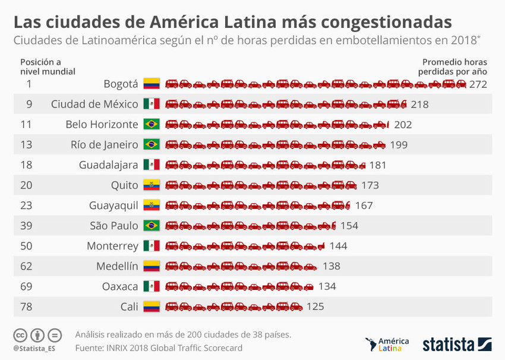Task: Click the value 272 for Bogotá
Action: pyautogui.click(x=478, y=84)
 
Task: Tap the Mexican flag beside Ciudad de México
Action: pyautogui.click(x=151, y=105)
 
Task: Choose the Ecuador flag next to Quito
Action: pyautogui.click(x=151, y=185)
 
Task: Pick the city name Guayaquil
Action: pyautogui.click(x=113, y=206)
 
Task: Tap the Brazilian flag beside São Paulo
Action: pyautogui.click(x=151, y=226)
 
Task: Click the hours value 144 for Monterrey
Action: pyautogui.click(x=338, y=246)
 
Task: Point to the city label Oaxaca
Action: pyautogui.click(x=121, y=286)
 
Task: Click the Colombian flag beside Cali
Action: pyautogui.click(x=151, y=307)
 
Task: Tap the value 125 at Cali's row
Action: pyautogui.click(x=315, y=307)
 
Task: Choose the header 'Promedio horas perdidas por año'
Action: pyautogui.click(x=454, y=67)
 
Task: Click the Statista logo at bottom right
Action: pyautogui.click(x=457, y=344)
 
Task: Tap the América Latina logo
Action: pyautogui.click(x=388, y=344)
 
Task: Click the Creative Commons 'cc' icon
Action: pyautogui.click(x=20, y=334)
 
